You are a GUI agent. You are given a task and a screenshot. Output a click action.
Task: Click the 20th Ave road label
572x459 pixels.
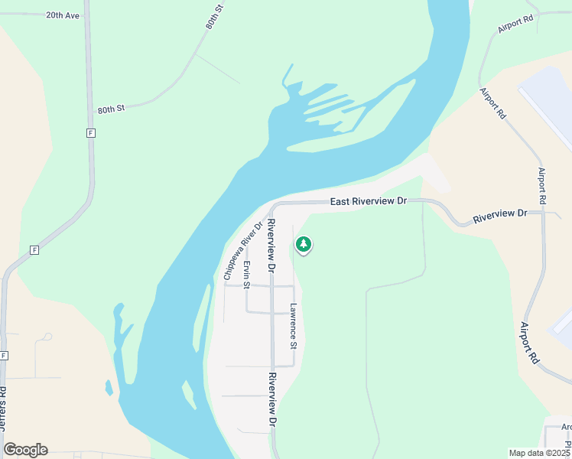(62, 15)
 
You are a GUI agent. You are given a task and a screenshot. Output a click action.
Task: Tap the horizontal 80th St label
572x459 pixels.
(111, 109)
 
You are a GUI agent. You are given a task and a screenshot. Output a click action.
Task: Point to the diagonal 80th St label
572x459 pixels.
(214, 16)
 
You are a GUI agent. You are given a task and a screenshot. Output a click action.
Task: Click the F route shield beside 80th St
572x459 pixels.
(90, 133)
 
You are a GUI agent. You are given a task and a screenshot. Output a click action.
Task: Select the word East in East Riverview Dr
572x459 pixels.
(343, 202)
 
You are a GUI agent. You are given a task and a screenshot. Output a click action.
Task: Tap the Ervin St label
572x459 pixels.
(246, 275)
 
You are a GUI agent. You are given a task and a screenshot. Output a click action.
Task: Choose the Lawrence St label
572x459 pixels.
(293, 326)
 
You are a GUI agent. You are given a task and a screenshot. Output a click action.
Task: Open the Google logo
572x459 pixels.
(25, 450)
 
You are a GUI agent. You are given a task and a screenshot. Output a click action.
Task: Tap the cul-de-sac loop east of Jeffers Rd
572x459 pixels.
(47, 336)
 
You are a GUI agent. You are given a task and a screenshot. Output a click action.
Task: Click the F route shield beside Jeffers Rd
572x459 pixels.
(5, 356)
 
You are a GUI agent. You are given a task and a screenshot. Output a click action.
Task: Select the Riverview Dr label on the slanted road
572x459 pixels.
(500, 216)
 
